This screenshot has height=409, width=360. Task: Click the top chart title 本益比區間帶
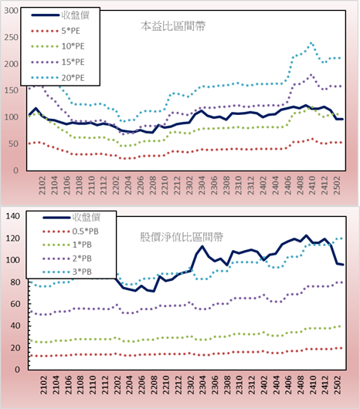point(173,26)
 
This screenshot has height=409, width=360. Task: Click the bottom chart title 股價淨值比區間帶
point(182,237)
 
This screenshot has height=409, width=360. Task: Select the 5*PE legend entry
point(56,31)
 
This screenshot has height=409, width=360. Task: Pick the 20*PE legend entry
point(58,78)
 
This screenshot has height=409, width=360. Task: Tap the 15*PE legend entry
point(58,62)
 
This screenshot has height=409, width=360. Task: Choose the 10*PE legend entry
point(58,46)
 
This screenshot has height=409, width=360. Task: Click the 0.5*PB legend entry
point(70,232)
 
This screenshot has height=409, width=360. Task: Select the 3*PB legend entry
point(67,272)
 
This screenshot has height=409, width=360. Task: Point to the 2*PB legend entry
point(67,259)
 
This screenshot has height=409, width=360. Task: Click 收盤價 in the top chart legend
point(60,15)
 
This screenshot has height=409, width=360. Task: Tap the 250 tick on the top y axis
point(12,37)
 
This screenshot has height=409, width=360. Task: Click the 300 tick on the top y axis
point(12,11)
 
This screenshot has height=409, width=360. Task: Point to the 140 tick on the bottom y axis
point(12,216)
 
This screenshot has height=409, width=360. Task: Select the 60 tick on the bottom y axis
point(15,304)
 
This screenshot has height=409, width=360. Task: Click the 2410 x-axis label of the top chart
point(312,185)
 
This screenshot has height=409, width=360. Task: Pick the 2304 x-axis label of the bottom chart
point(202,385)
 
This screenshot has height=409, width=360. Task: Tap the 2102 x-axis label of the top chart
point(42,185)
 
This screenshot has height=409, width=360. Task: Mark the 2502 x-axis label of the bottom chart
point(338,385)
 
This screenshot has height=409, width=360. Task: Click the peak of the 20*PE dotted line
point(311,43)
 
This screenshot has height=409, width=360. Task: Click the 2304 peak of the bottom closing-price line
point(202,246)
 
